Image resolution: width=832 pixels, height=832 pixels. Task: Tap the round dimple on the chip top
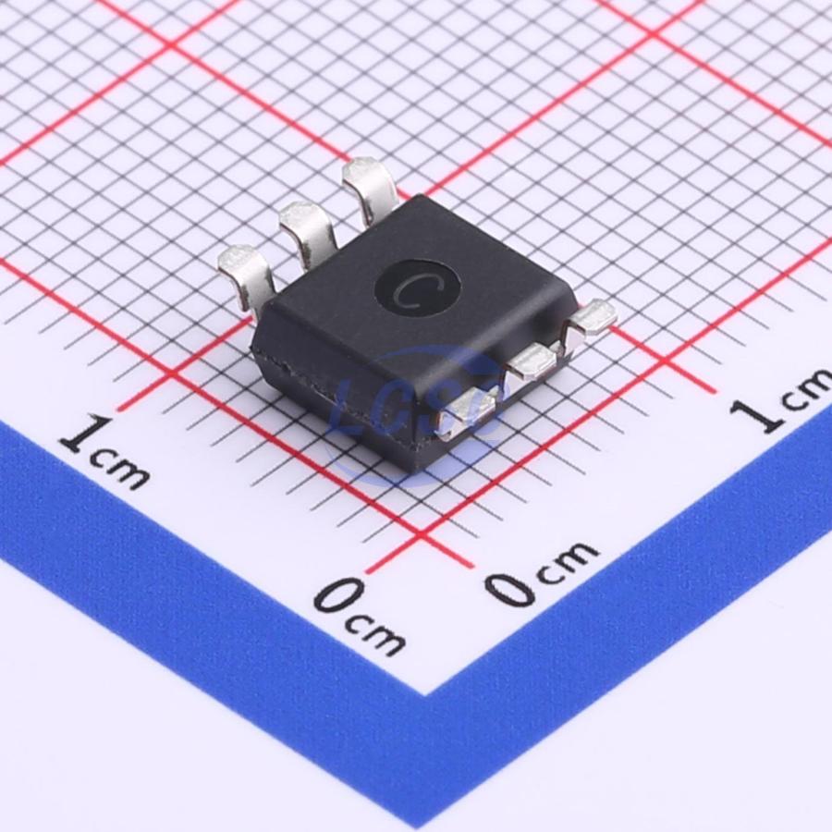[x=417, y=289]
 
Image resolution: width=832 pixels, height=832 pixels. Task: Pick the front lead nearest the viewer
[x=468, y=409]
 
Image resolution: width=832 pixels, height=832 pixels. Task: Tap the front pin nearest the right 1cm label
[x=591, y=320]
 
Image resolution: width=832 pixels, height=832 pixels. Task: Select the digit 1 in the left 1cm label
[x=87, y=433]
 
